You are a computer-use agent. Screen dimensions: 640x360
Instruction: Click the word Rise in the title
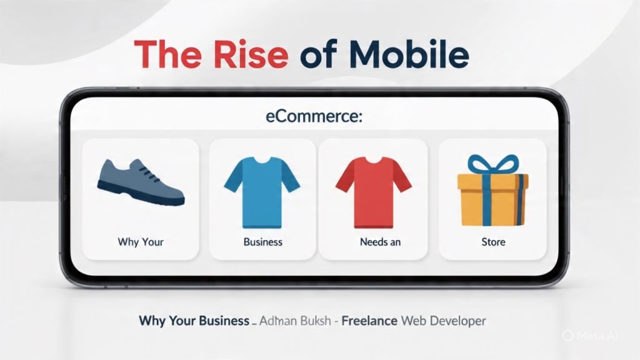(251, 54)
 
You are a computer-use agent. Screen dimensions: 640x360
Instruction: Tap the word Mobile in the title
(409, 54)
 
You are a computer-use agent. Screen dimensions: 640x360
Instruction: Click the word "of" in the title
(318, 54)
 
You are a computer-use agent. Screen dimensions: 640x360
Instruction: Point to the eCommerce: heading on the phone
(314, 116)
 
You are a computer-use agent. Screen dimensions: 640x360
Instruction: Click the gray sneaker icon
(141, 182)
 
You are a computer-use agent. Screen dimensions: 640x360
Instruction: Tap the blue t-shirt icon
(262, 192)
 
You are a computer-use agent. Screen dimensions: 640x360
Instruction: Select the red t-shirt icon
(374, 192)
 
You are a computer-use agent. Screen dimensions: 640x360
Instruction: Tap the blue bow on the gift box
(493, 164)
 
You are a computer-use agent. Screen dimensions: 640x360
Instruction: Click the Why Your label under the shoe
(141, 242)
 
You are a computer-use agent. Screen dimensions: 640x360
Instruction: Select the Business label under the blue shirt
(263, 242)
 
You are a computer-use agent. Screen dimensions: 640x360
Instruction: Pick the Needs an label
(380, 242)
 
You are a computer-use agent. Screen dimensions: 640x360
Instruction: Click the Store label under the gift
(493, 242)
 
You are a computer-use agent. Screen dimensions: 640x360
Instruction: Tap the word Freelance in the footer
(369, 321)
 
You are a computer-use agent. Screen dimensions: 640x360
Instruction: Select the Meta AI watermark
(590, 336)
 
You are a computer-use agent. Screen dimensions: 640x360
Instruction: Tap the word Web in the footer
(414, 321)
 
